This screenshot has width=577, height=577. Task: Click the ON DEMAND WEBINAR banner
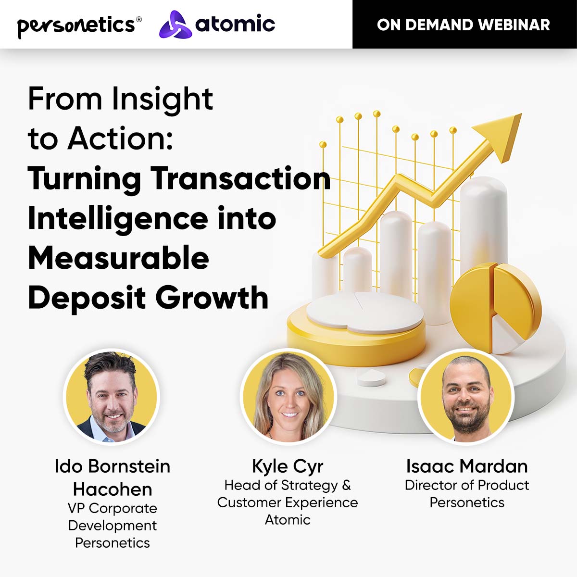click(464, 25)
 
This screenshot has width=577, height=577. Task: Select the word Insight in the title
click(163, 99)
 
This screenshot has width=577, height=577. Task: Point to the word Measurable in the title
click(118, 258)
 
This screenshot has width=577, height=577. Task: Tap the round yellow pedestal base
click(356, 337)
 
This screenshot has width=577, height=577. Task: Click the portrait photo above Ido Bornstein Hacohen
click(112, 396)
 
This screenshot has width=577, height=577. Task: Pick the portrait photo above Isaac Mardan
click(466, 396)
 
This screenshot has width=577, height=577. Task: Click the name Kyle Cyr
click(288, 466)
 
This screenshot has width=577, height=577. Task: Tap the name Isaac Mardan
click(466, 466)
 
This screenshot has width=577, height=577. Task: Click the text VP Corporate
click(113, 508)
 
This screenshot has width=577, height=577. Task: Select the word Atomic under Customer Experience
click(288, 520)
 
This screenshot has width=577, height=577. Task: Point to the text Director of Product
click(466, 485)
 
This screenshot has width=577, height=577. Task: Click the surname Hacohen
click(113, 489)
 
